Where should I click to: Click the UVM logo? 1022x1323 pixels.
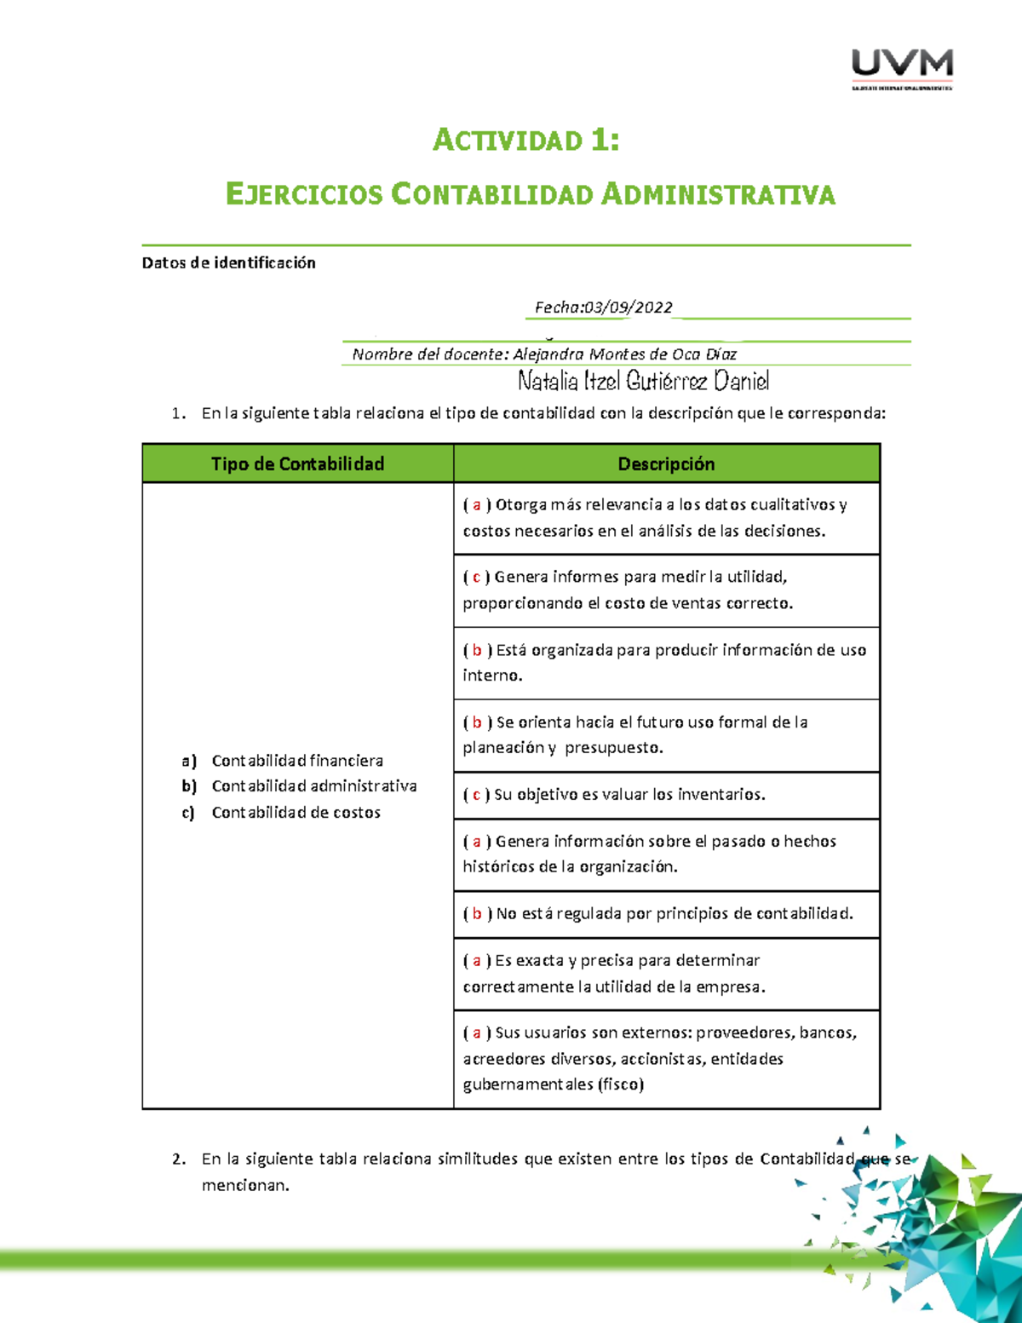coord(902,68)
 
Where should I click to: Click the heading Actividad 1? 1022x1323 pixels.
coord(525,140)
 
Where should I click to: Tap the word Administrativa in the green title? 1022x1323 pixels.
coord(718,194)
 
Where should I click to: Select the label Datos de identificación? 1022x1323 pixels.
coord(228,263)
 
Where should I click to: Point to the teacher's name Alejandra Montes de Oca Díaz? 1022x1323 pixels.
coord(624,354)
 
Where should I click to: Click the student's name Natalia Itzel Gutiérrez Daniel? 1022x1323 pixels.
coord(643,381)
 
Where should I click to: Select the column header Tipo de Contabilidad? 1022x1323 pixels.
coord(297,464)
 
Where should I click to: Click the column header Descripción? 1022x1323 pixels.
coord(666,464)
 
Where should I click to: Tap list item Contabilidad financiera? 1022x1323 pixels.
coord(297,761)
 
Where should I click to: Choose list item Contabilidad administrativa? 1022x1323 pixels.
coord(313,786)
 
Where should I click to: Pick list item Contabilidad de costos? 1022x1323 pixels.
coord(296,813)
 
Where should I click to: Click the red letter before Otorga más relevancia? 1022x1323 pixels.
coord(477,505)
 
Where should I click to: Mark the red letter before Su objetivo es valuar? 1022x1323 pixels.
coord(476,795)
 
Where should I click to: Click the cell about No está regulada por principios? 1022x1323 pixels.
coord(666,914)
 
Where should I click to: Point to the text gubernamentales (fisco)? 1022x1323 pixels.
coord(553,1084)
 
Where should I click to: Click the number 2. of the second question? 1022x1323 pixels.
coord(178,1159)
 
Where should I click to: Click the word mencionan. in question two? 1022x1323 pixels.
coord(245,1185)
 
